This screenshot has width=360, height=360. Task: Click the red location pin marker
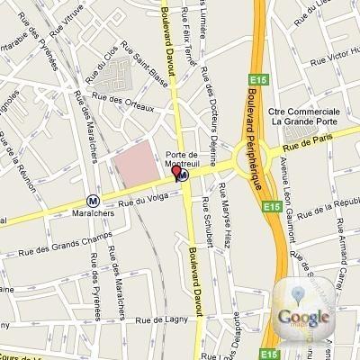176,171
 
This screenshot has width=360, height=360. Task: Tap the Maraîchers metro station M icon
94,202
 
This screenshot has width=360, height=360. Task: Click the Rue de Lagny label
157,319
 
